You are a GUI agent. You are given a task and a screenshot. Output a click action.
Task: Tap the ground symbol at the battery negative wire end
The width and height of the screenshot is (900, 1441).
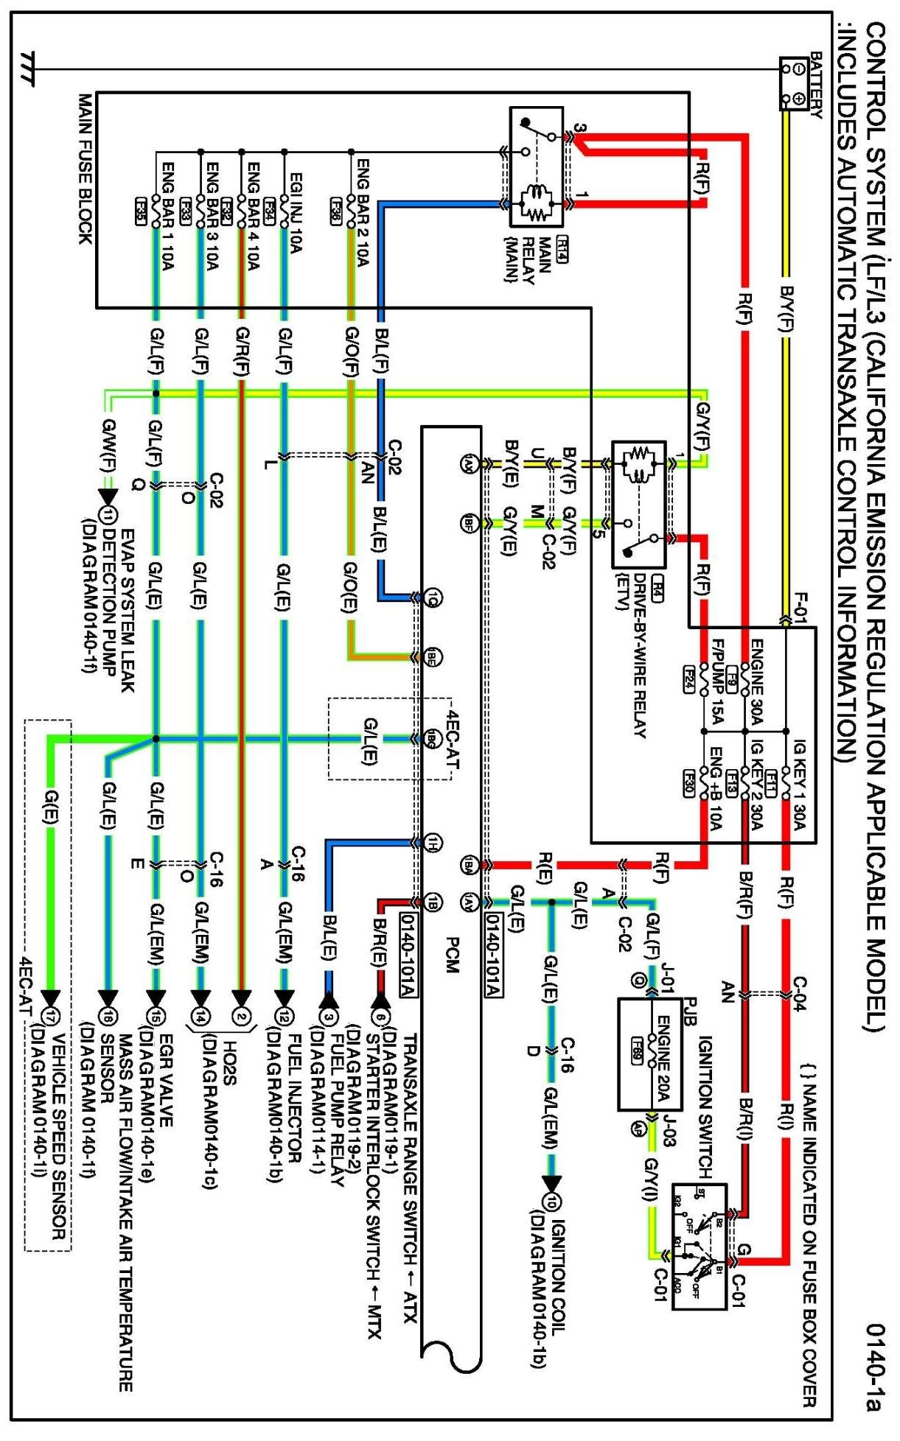[29, 69]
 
